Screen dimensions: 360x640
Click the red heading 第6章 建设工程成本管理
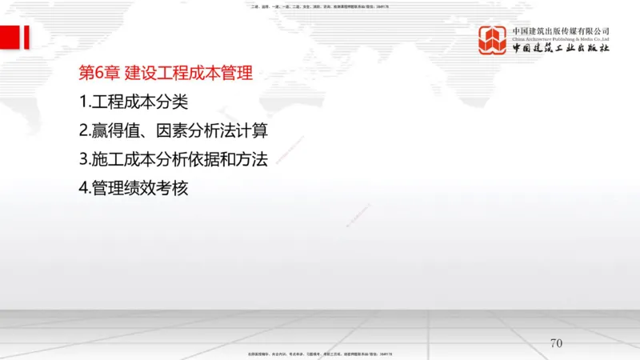166,74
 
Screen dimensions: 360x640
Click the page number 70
557,343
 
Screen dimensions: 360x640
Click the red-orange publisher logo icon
494,39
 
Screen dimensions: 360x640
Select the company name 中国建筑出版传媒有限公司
561,30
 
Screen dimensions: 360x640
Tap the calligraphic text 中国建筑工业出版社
561,49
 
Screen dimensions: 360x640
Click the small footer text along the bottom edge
320,353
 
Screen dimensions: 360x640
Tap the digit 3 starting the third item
84,159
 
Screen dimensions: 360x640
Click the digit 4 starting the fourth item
84,188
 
